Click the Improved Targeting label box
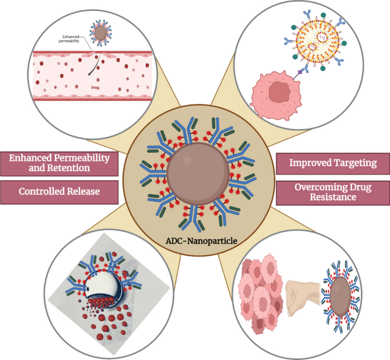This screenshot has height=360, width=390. [x=333, y=163]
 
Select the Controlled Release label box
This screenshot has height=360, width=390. [x=59, y=191]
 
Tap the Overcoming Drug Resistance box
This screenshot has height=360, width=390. [x=333, y=192]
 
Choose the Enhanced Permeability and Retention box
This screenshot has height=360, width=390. [x=59, y=163]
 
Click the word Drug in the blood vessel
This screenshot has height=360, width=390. [x=96, y=88]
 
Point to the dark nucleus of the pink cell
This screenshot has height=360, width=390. [x=279, y=91]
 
